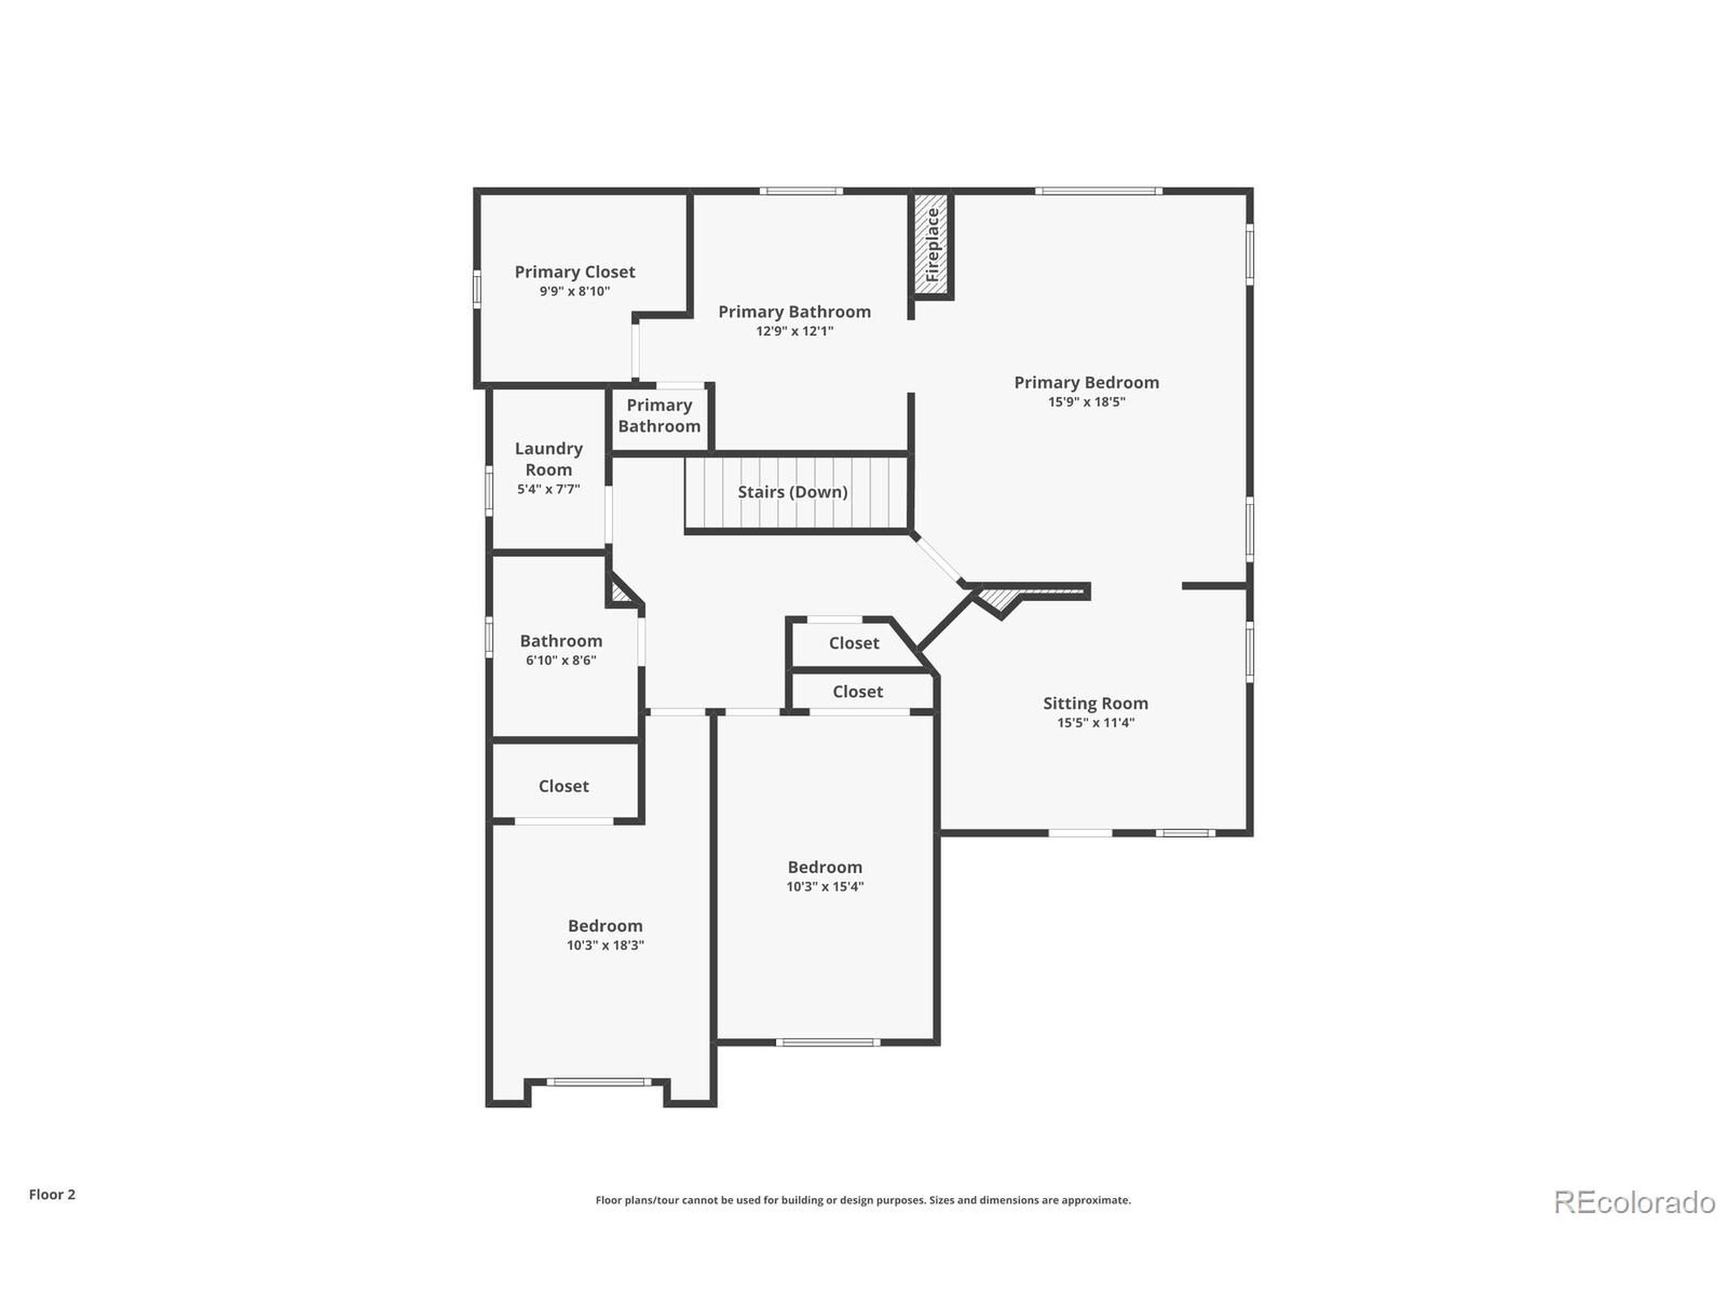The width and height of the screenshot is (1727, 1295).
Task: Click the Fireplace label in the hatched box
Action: point(932,244)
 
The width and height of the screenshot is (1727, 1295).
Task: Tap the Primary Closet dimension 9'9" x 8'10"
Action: point(575,291)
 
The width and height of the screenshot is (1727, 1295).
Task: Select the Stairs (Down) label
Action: point(793,492)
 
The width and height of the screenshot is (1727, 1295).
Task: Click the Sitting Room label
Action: point(1096,703)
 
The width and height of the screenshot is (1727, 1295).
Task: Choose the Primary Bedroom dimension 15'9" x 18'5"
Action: point(1086,402)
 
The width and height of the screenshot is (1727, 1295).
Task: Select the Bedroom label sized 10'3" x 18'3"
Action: point(605,926)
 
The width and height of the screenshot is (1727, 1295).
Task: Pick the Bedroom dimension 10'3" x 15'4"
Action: point(824,886)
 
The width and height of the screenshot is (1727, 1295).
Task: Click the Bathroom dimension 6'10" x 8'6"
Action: point(561,660)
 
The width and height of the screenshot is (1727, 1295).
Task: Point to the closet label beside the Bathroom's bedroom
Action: point(563,786)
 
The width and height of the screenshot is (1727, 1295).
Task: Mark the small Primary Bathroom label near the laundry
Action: point(659,415)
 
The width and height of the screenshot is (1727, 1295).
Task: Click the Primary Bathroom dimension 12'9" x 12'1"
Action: point(794,331)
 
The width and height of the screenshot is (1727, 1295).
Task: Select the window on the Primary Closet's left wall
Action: point(476,289)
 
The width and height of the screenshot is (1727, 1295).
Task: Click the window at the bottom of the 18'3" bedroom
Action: point(599,1082)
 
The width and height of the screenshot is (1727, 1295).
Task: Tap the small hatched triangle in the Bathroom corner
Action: point(619,594)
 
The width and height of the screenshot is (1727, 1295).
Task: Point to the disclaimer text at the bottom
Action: point(863,1201)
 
